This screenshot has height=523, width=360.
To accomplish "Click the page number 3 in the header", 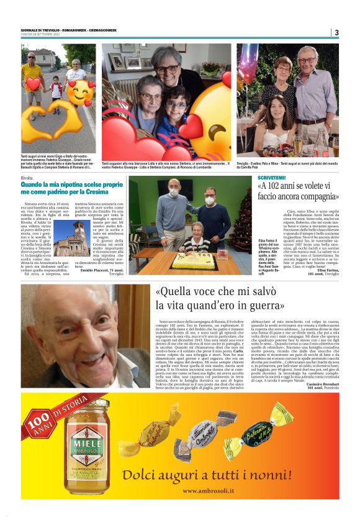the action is click(x=336, y=33).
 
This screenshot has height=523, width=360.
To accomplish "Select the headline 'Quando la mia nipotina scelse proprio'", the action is click(x=72, y=185).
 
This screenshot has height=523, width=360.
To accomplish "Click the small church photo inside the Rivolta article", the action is click(x=72, y=239).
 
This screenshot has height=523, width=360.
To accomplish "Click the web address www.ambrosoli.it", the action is click(x=216, y=491).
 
